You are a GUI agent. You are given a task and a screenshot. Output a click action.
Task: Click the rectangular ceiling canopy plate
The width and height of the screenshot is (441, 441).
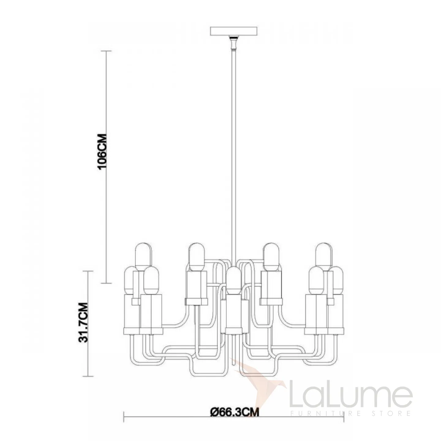click(234, 31)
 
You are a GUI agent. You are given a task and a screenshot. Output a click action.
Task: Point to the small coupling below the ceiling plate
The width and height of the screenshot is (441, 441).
click(233, 43)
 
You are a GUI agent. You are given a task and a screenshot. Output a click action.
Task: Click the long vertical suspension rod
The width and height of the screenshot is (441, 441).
click(234, 158)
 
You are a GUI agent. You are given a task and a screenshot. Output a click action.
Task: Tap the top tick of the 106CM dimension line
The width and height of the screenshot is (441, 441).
click(106, 51)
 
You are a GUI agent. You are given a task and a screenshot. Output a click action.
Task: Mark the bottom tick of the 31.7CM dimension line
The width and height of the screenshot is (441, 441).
click(88, 376)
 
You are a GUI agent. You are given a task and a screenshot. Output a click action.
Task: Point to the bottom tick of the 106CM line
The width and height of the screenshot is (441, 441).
click(106, 283)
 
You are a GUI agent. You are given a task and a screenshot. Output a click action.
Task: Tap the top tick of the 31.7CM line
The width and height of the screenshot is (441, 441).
click(88, 271)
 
